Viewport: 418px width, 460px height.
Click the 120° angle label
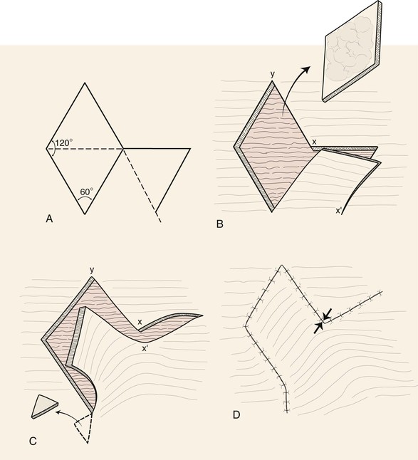tap(64, 142)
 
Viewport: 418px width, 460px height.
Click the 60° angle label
tap(87, 192)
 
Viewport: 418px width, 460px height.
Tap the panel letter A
tap(49, 219)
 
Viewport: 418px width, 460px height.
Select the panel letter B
tap(220, 224)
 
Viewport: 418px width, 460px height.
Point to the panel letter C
tap(33, 441)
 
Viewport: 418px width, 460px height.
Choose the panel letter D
tap(236, 415)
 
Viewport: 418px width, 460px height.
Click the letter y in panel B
tap(273, 74)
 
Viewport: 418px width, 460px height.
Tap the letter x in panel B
tap(314, 142)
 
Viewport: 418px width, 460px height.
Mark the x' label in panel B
tap(339, 210)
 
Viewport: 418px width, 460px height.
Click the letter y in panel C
tap(92, 270)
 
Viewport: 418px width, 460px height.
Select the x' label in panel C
tap(145, 349)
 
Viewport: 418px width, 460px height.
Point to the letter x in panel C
tap(140, 322)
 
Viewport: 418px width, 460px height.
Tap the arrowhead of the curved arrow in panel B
tap(306, 70)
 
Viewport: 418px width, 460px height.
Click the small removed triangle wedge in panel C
tap(44, 407)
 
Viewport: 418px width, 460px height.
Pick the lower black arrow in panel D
tap(318, 328)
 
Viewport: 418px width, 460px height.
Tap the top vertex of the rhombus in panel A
tap(85, 83)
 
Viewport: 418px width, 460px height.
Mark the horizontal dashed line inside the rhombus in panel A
tap(85, 149)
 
